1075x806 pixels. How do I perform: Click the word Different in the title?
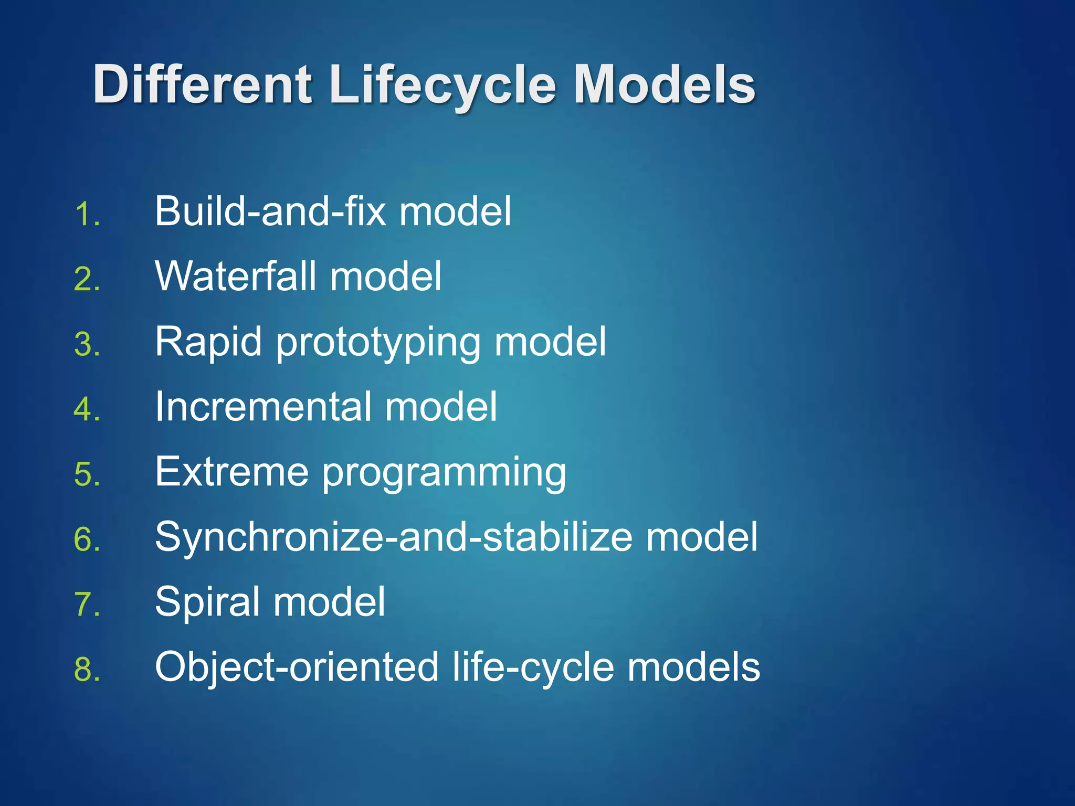click(203, 84)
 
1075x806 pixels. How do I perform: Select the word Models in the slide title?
click(664, 84)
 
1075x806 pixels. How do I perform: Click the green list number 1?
click(87, 214)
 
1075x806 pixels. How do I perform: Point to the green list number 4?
click(87, 409)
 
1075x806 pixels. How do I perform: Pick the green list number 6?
click(87, 539)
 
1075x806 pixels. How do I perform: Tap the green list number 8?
click(87, 670)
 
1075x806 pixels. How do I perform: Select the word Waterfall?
click(236, 276)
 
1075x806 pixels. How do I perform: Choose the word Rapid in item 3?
click(208, 342)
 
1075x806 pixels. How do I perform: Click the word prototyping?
click(378, 344)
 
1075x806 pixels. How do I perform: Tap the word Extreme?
click(231, 471)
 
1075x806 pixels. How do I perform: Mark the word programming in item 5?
click(444, 473)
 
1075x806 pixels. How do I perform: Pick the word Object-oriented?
click(297, 667)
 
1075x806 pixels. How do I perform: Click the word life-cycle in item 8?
click(533, 667)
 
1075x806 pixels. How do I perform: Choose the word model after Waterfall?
click(386, 276)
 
